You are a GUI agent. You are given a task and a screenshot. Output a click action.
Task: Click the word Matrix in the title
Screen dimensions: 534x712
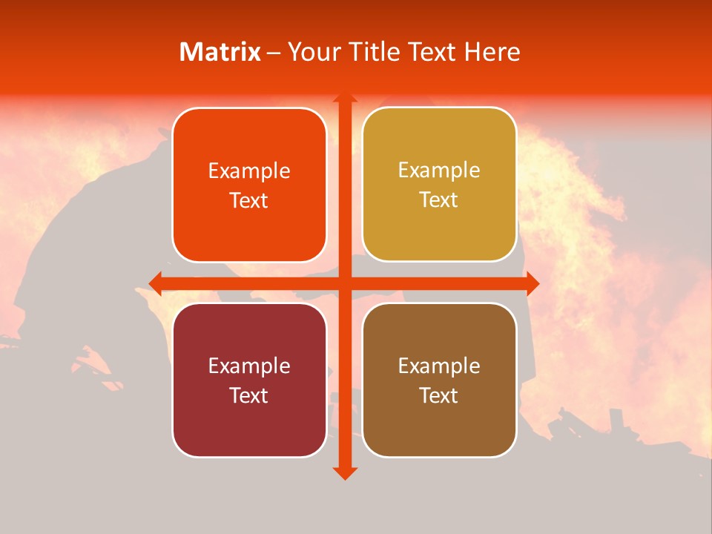220,52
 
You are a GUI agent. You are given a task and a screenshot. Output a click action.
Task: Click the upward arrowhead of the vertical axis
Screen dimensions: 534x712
344,99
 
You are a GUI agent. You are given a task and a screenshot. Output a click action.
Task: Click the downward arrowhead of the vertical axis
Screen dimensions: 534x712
344,472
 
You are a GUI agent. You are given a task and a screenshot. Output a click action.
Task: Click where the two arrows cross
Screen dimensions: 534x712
344,283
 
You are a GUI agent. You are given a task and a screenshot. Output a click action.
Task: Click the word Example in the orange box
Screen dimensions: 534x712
249,171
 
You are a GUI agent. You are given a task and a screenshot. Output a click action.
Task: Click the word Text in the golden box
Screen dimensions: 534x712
439,200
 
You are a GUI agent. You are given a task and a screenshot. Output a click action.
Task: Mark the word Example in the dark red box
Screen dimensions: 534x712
249,366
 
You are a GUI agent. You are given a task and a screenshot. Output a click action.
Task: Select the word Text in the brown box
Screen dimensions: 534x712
439,395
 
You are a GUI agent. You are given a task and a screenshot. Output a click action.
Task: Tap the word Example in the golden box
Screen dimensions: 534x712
439,171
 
